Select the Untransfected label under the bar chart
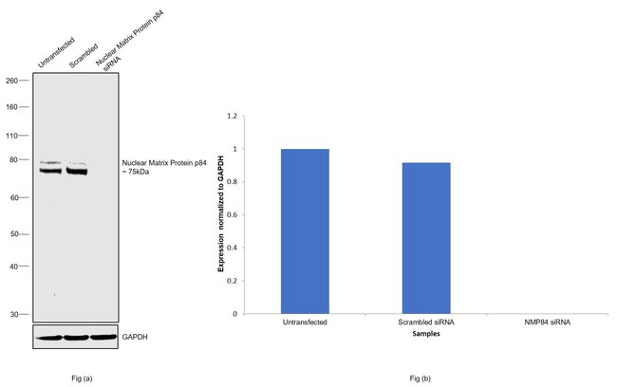(x=305, y=324)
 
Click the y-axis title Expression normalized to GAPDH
(x=220, y=214)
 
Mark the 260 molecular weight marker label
(x=11, y=81)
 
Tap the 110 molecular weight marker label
(x=11, y=135)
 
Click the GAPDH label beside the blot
(x=135, y=337)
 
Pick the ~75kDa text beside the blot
(x=138, y=173)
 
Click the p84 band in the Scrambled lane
(x=75, y=172)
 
